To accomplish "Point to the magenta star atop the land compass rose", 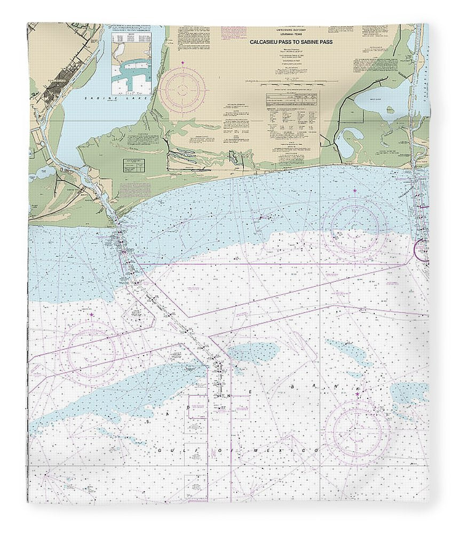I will point(183,64).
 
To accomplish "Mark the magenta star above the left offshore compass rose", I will point(91,315).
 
